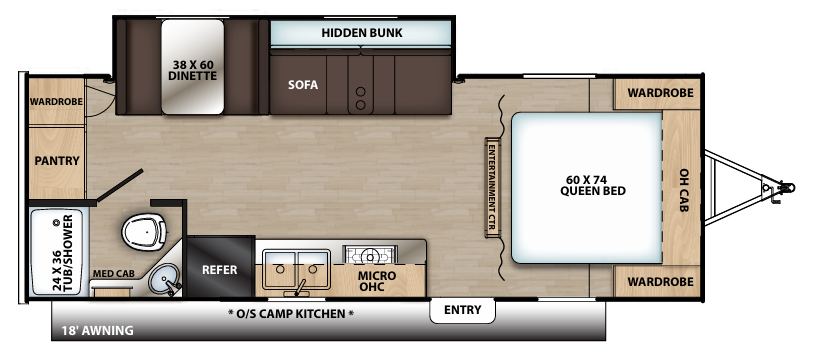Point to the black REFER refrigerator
tap(219, 269)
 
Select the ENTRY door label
tap(463, 311)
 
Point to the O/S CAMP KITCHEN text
tap(290, 314)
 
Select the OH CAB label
tap(684, 187)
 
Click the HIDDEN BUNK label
tap(361, 33)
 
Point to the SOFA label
tap(303, 85)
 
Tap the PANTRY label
tap(56, 160)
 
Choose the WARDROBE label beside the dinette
tap(55, 102)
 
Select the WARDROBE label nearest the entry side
tap(660, 282)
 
